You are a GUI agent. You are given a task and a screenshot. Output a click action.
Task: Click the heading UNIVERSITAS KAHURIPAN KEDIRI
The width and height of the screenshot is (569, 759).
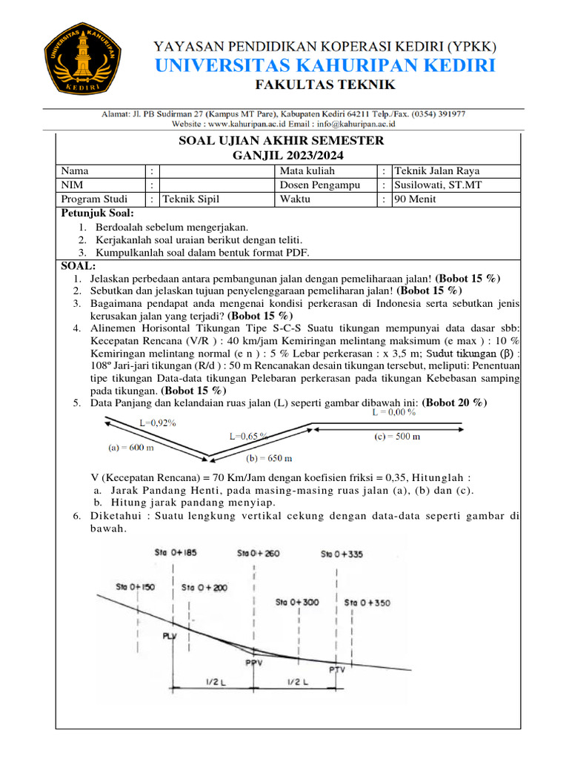coord(325,66)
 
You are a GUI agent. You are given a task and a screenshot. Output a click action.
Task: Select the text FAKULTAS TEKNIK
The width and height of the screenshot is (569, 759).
coord(325,85)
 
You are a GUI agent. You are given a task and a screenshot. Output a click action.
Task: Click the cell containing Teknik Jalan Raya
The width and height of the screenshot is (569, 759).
coord(436,170)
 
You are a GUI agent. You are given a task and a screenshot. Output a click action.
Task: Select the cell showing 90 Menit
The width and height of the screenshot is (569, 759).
coord(416,199)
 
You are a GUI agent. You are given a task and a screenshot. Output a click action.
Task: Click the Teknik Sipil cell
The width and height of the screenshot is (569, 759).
coord(191,199)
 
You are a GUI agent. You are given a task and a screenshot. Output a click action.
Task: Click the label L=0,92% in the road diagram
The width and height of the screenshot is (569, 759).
coord(158,422)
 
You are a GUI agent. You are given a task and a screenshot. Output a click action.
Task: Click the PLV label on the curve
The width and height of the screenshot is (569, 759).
coord(170,636)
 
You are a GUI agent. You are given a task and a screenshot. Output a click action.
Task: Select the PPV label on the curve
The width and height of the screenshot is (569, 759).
coord(253,663)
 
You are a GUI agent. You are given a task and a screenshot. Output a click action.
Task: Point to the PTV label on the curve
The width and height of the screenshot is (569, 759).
coord(337,669)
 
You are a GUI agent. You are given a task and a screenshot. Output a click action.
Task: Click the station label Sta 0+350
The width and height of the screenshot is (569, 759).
coord(367,603)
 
